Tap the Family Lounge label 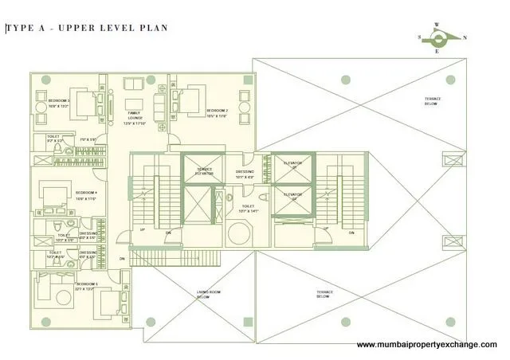coord(135,117)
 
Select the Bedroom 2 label coord(218,113)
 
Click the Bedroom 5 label coord(87,287)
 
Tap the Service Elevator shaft coord(204,170)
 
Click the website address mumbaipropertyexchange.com coord(426,344)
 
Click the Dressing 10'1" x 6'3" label coord(245,174)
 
